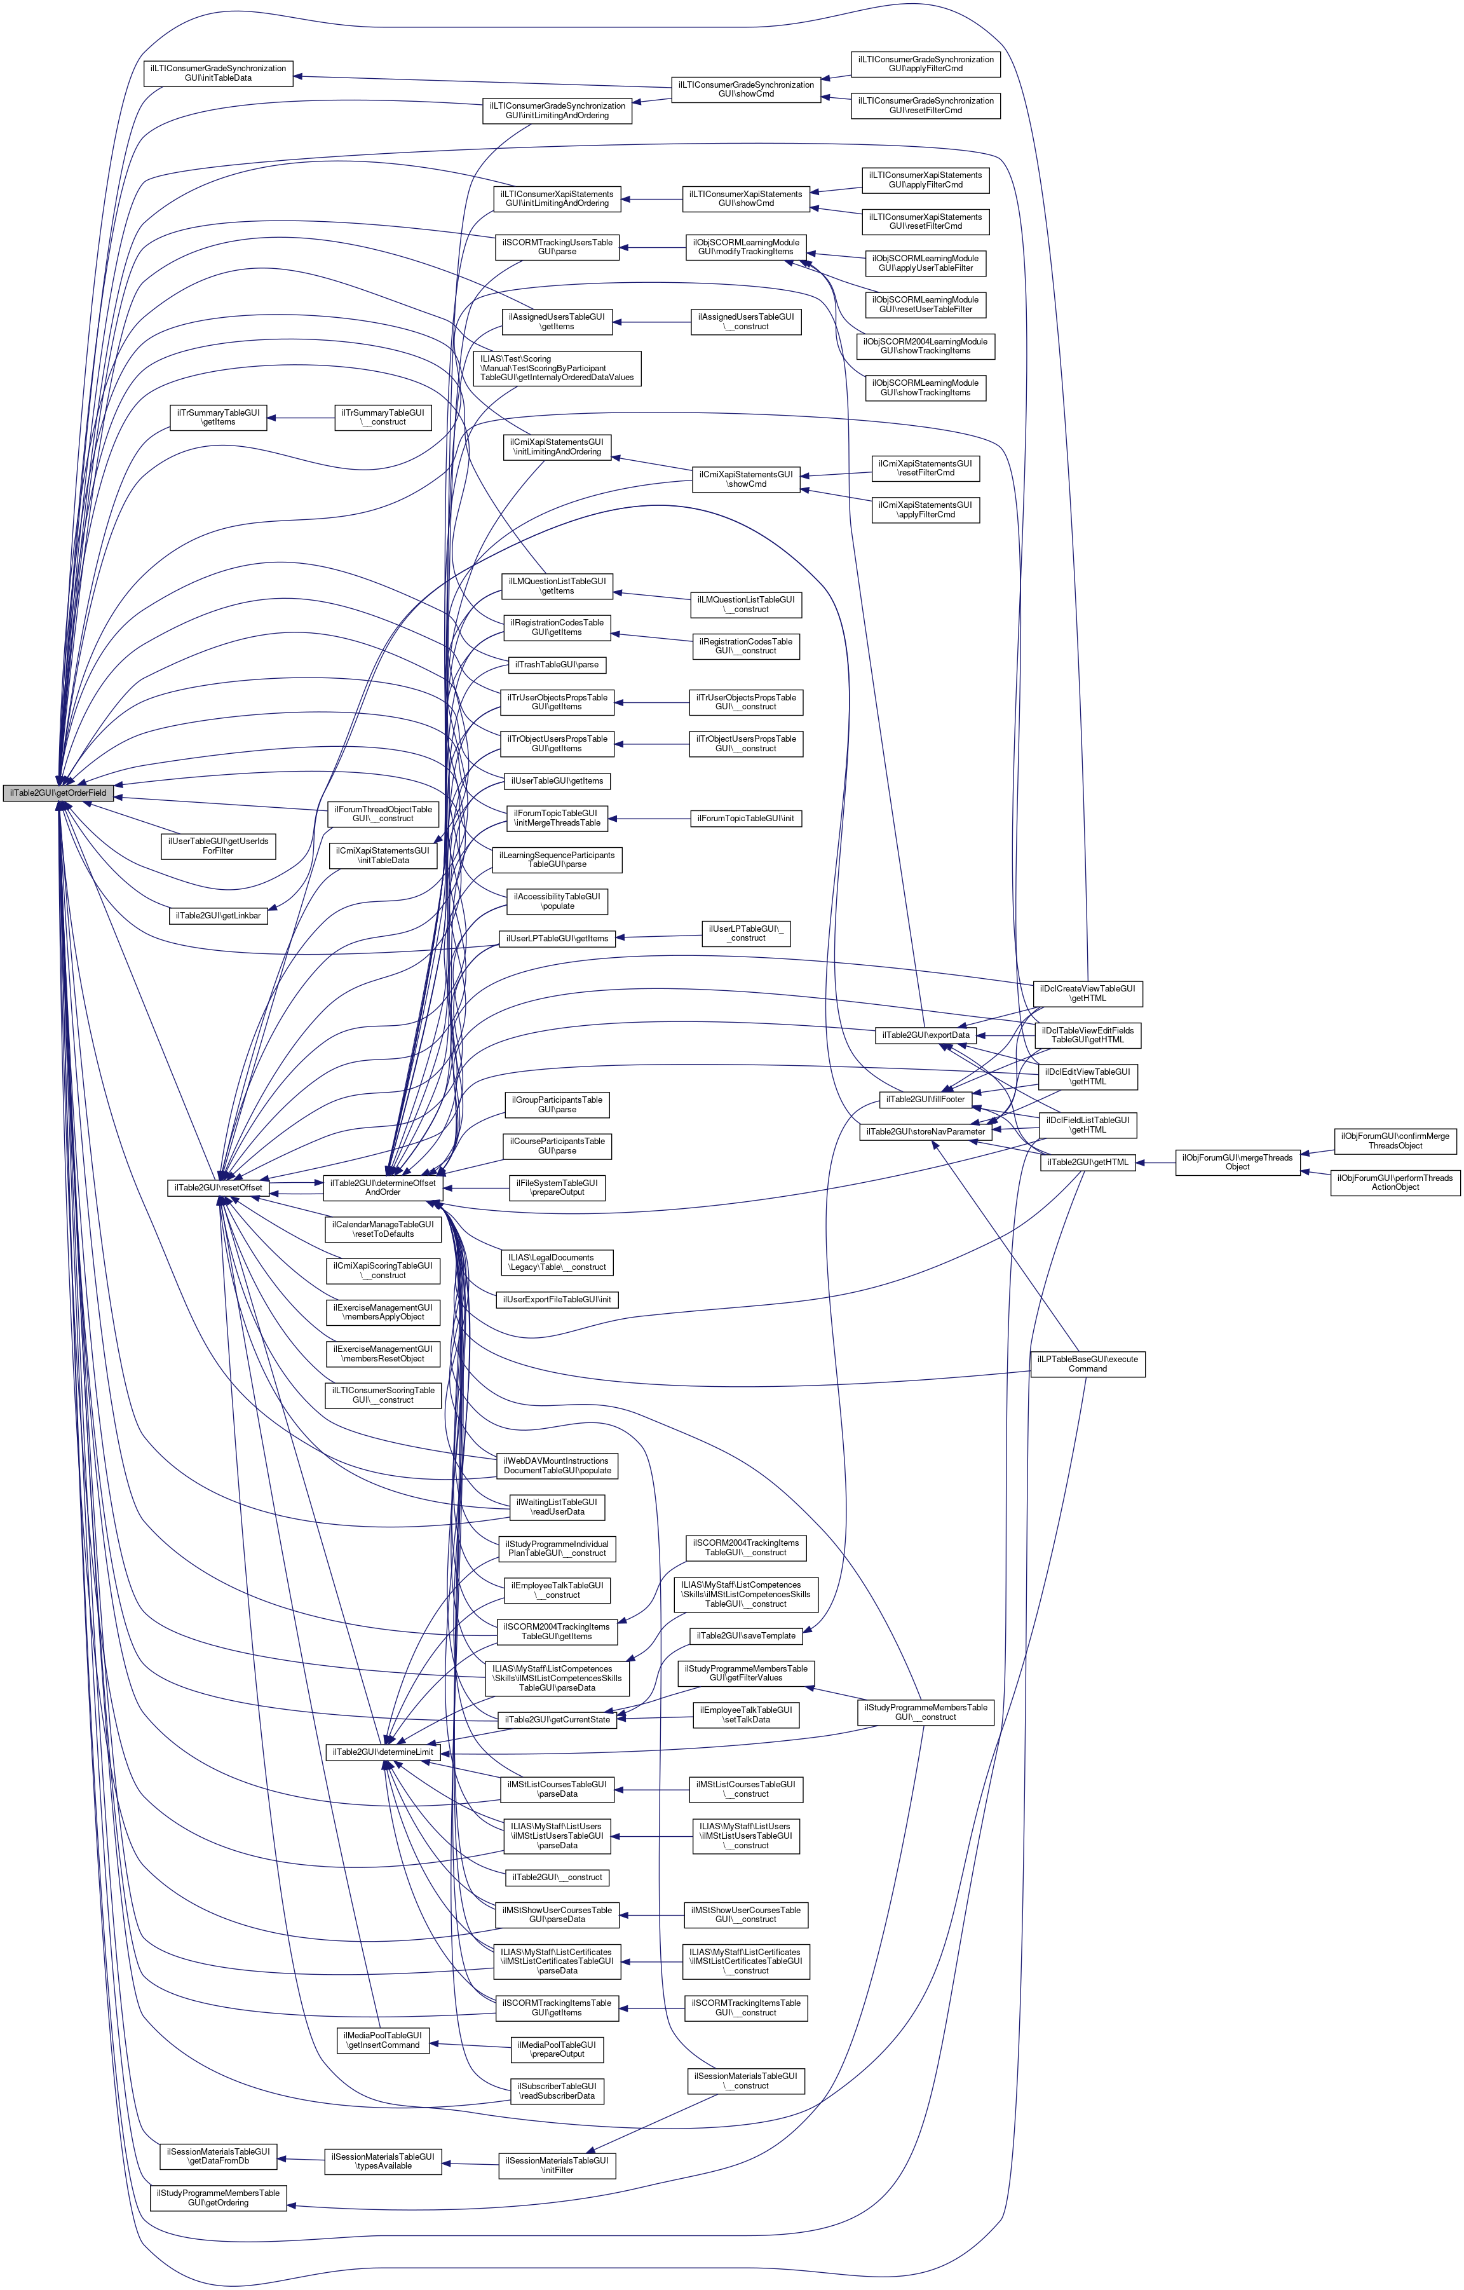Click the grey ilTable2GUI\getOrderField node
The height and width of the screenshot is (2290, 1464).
coord(58,793)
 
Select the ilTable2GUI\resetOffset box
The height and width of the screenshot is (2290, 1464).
coord(217,1188)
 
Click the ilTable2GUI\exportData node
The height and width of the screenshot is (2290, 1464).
coord(925,1035)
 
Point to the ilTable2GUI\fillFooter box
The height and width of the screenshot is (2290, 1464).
coord(925,1100)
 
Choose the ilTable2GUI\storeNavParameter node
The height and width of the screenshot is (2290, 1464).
coord(925,1132)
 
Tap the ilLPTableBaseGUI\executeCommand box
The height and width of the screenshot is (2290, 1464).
coord(1088,1364)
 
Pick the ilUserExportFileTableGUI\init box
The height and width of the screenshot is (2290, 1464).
coord(557,1299)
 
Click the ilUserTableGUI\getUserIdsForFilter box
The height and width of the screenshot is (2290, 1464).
coord(218,847)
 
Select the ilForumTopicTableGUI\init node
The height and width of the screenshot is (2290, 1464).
coord(746,818)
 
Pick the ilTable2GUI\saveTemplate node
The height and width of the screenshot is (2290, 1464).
coord(746,1636)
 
